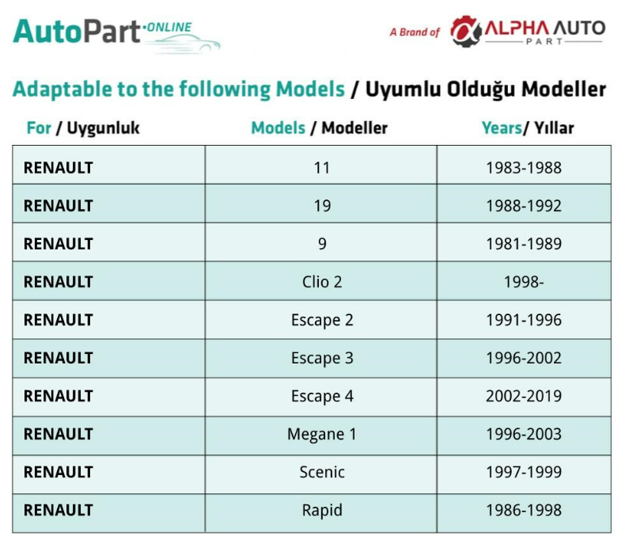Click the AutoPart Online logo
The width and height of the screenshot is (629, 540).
116,36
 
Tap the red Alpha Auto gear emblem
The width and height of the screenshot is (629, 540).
465,32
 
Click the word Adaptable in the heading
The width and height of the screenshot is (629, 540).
62,89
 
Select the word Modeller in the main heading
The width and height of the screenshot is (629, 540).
563,89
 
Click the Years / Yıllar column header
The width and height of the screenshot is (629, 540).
528,128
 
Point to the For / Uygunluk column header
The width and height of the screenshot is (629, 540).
83,128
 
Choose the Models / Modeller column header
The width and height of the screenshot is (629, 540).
320,128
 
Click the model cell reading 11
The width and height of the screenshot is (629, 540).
322,168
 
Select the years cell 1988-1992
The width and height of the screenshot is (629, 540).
524,206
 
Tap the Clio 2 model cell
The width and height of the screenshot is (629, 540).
322,282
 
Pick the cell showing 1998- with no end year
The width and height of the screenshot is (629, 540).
524,282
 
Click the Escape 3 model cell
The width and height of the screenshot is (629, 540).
322,358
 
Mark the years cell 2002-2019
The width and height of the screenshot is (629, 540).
524,396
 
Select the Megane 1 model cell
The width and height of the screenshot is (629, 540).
322,435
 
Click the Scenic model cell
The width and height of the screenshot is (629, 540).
322,472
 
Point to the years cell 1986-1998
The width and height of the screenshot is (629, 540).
524,510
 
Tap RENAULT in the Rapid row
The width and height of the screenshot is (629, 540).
59,510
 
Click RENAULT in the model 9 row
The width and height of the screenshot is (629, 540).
59,244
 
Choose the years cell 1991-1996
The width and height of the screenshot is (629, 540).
524,320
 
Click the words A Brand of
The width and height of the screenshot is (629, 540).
415,32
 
